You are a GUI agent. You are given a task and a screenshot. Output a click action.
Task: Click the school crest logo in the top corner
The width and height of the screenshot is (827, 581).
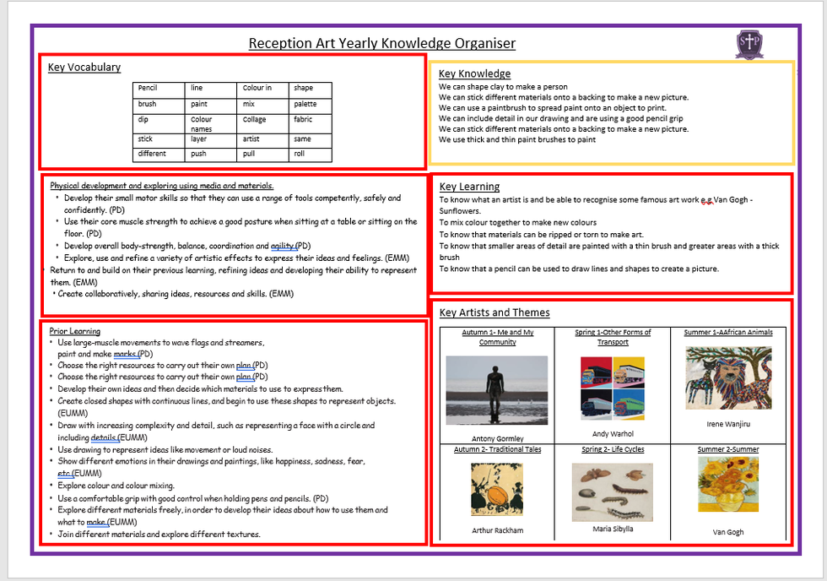[x=749, y=45]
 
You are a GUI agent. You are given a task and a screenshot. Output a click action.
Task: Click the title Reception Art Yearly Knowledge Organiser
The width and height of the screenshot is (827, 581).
[x=381, y=43]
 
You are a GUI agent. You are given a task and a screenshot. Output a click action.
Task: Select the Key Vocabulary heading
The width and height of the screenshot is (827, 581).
[x=84, y=68]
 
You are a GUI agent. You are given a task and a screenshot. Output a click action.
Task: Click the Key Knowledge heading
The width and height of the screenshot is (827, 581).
[x=474, y=73]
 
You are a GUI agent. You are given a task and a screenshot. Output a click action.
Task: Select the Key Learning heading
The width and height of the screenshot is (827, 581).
[x=469, y=187]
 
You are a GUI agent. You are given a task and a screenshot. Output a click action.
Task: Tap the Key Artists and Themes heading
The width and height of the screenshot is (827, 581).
[x=495, y=312]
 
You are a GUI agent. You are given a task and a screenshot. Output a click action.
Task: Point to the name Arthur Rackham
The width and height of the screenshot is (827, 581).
[x=497, y=530]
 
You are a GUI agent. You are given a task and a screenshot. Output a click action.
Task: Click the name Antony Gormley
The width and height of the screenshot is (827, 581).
[x=497, y=438]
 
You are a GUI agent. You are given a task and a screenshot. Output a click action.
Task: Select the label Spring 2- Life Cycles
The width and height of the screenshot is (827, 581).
[x=613, y=449]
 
